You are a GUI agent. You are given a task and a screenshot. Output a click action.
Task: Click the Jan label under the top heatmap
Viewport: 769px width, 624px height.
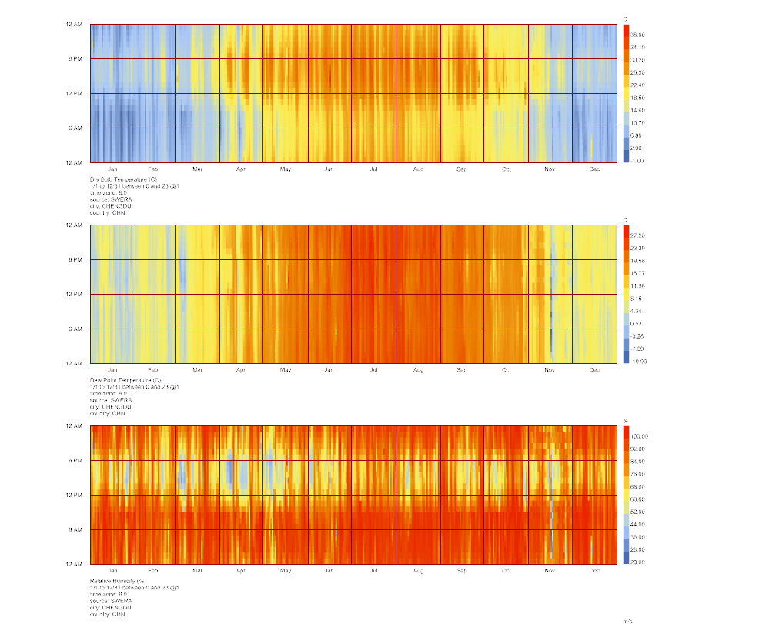click(113, 168)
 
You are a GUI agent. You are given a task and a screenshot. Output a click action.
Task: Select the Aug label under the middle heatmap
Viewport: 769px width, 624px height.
click(418, 369)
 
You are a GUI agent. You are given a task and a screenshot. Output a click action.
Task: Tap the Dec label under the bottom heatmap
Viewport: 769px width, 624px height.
click(594, 570)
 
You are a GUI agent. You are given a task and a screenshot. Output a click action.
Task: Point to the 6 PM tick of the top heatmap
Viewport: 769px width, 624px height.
click(76, 58)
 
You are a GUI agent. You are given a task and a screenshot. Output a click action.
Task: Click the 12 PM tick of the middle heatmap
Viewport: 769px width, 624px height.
click(76, 294)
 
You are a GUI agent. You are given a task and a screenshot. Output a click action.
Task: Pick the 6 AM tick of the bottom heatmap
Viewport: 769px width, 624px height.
click(76, 529)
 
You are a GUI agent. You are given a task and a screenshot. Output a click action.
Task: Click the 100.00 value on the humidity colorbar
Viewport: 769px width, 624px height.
click(638, 436)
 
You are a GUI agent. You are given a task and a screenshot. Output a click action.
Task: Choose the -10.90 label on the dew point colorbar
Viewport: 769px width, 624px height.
click(638, 361)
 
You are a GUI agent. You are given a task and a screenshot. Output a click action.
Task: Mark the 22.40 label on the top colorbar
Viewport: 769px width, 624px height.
click(638, 85)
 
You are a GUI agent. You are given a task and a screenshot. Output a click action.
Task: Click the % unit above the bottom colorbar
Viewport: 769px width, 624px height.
click(625, 420)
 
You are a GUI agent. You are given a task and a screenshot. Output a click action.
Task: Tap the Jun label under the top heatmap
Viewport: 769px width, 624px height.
click(329, 168)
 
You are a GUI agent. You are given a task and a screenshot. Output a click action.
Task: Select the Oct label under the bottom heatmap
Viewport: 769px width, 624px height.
click(506, 570)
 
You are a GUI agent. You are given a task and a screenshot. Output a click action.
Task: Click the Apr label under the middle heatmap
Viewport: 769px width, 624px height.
click(240, 369)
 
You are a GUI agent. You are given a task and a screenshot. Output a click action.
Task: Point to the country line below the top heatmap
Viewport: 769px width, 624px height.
click(108, 212)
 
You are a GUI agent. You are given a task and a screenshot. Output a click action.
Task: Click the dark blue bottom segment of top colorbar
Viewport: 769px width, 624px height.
click(625, 158)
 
